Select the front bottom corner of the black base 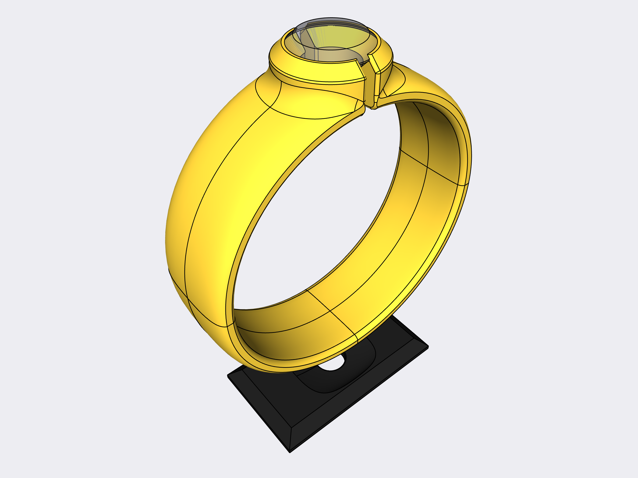290,452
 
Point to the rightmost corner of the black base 428,347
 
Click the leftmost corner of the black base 228,376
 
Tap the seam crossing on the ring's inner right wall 427,167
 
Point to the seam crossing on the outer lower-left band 188,298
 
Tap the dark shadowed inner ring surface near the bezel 433,121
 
